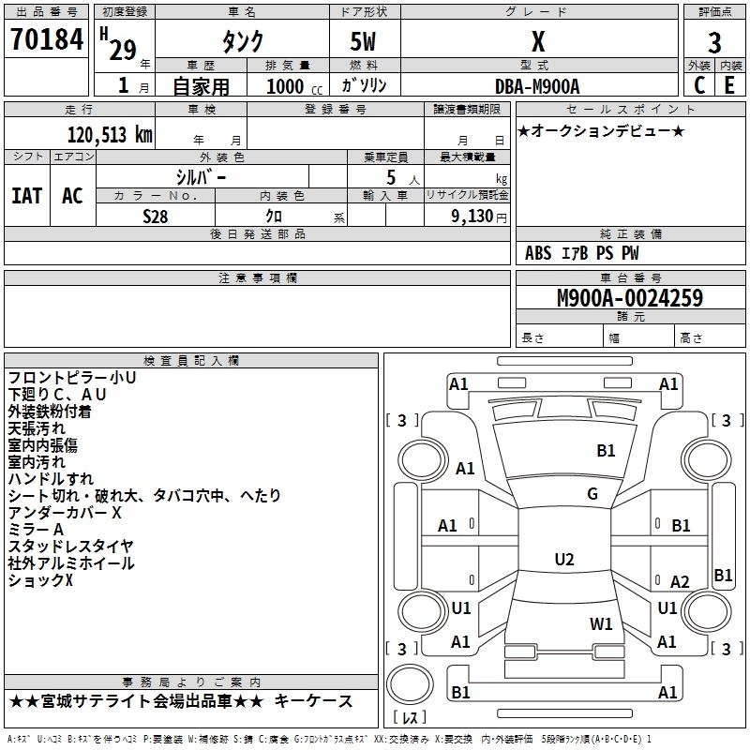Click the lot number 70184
[47, 39]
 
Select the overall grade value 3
[714, 42]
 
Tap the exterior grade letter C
[699, 85]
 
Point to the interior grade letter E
[729, 85]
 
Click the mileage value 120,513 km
[110, 135]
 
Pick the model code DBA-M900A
[537, 86]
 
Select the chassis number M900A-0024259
[630, 298]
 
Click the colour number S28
[156, 217]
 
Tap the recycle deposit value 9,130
[472, 217]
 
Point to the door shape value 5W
[363, 41]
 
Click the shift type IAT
[27, 196]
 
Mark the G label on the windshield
[592, 494]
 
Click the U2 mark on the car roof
[564, 559]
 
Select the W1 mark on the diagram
[601, 623]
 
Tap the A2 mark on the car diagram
[680, 581]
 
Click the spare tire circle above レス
[410, 683]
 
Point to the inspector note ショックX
[40, 580]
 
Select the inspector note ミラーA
[36, 530]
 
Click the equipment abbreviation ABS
[538, 253]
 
